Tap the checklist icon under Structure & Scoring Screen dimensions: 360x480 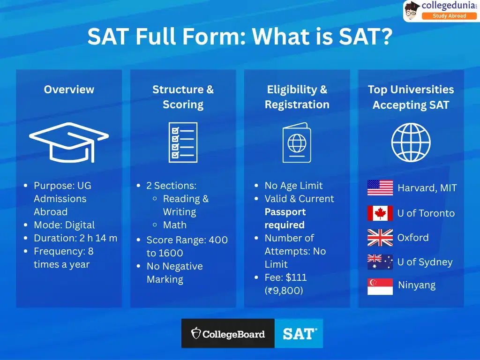coord(183,142)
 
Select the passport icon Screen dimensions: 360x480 coord(296,142)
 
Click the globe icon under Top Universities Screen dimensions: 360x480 coord(411,142)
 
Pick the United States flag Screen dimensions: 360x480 coord(380,187)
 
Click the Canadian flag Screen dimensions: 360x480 coord(380,213)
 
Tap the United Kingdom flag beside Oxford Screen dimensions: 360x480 coord(380,238)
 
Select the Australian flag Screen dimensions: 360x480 coord(380,262)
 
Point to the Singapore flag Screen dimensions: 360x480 coord(380,286)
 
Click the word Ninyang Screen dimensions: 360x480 coord(416,285)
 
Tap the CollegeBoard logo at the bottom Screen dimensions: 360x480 coord(228,334)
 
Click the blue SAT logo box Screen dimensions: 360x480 coord(299,334)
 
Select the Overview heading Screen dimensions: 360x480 coord(69,90)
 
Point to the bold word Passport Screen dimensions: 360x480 coord(285,212)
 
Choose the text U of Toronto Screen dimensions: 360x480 coord(426,213)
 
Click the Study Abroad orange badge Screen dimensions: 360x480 coord(449,16)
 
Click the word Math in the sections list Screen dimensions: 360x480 coord(174,225)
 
